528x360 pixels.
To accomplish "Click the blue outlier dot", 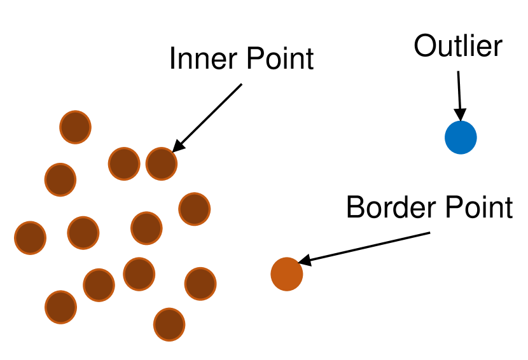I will pyautogui.click(x=461, y=137).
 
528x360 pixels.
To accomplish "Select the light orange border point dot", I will pyautogui.click(x=287, y=274).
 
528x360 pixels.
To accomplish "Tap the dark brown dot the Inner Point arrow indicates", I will pyautogui.click(x=162, y=163).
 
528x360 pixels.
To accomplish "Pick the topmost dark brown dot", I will pyautogui.click(x=76, y=127).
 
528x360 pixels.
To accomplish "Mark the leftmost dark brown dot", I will pyautogui.click(x=30, y=238).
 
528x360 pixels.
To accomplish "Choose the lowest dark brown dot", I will pyautogui.click(x=169, y=324).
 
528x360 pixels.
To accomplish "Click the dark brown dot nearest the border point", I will pyautogui.click(x=200, y=283).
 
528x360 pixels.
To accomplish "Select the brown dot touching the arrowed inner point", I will pyautogui.click(x=124, y=163).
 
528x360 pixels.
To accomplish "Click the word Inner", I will pyautogui.click(x=197, y=59).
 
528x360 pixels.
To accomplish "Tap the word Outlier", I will pyautogui.click(x=458, y=46).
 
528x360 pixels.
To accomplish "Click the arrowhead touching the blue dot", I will pyautogui.click(x=460, y=115).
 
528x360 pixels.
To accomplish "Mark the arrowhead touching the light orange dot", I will pyautogui.click(x=305, y=260).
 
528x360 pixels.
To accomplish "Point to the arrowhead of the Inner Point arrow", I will pyautogui.click(x=178, y=146).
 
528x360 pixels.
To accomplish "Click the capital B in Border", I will pyautogui.click(x=354, y=207).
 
